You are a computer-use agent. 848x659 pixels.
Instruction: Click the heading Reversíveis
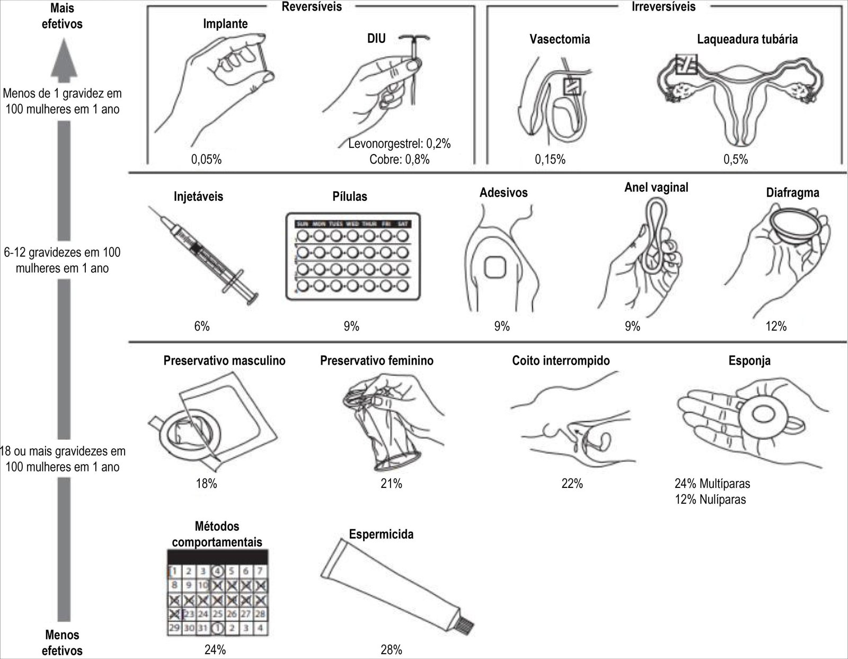tap(312, 7)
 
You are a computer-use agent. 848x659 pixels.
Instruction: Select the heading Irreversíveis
tap(664, 7)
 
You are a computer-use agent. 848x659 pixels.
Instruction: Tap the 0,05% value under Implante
tap(206, 159)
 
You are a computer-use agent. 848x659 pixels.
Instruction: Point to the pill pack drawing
tap(352, 256)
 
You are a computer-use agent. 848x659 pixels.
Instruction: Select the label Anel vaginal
tap(656, 188)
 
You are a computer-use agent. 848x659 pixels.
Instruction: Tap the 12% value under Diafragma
tap(776, 326)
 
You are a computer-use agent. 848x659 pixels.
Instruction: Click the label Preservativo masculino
tap(224, 361)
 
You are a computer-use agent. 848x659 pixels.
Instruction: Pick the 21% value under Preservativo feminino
tap(391, 483)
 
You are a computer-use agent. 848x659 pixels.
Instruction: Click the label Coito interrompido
tap(561, 361)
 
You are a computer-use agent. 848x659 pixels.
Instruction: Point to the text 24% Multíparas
tap(712, 483)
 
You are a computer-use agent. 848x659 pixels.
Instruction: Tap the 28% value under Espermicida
tap(391, 649)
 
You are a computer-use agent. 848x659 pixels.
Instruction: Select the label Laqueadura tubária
tap(747, 39)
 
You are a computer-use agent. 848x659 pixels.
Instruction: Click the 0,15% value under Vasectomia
tap(550, 159)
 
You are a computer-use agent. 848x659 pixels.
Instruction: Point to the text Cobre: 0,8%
tap(400, 159)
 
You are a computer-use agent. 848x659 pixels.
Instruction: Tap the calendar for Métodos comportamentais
tap(217, 599)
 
